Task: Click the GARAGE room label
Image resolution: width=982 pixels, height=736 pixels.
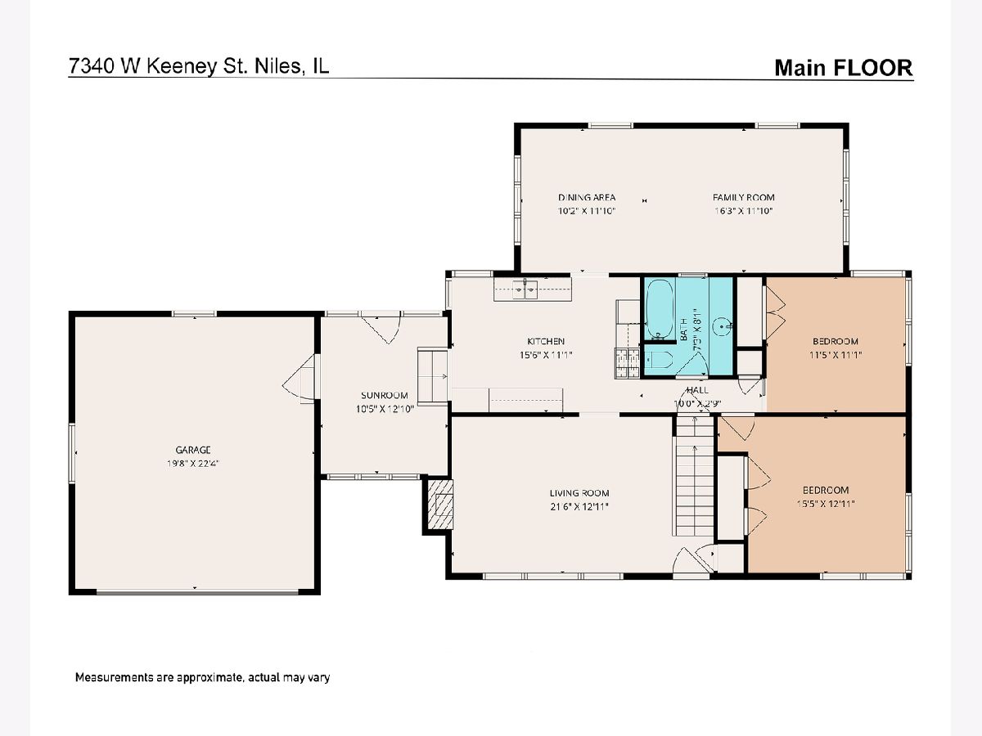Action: [x=193, y=450]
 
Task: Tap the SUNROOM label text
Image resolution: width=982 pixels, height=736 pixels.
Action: [x=385, y=395]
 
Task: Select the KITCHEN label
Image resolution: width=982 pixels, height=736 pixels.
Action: [x=546, y=341]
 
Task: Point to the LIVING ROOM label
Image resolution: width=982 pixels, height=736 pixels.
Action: [x=579, y=493]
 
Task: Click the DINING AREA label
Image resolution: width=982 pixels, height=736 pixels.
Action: [x=587, y=197]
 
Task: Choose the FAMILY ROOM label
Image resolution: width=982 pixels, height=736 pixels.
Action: [x=744, y=197]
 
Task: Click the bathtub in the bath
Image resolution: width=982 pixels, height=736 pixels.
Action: [x=660, y=309]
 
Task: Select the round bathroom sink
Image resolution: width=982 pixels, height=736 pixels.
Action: [x=722, y=326]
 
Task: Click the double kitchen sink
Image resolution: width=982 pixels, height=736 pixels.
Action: [x=525, y=289]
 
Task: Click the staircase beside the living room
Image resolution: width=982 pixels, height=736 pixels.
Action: [x=694, y=475]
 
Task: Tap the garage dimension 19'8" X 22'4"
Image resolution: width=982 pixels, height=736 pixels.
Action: [x=193, y=464]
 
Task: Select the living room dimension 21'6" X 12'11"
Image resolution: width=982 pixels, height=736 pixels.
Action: [x=579, y=507]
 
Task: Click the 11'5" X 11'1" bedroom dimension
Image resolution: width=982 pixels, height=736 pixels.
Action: [x=836, y=355]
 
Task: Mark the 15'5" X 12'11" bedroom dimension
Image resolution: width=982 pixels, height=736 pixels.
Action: [x=826, y=504]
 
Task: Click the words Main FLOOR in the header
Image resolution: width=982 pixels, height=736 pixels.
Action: [x=844, y=68]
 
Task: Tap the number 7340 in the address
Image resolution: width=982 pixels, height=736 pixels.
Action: [x=92, y=66]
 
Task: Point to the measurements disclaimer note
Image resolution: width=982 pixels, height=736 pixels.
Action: [x=202, y=677]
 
